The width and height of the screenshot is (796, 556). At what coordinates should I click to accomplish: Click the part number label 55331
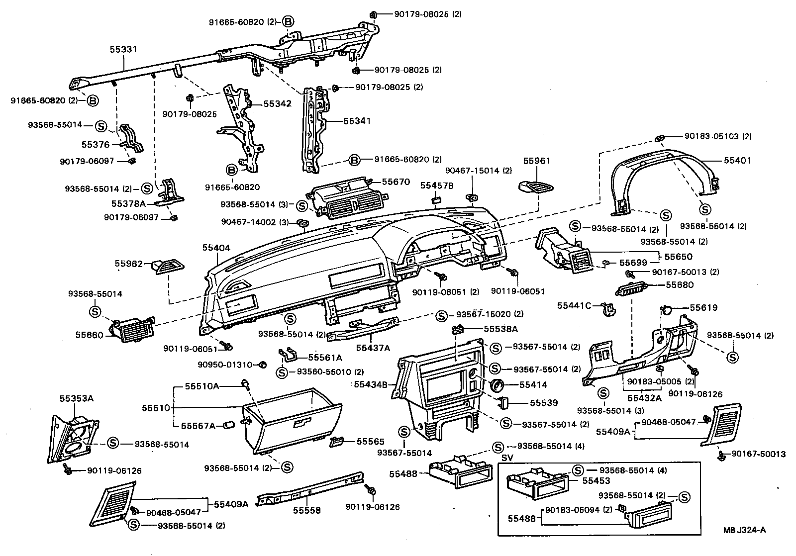(x=123, y=50)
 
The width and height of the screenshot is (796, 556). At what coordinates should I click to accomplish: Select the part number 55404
(x=216, y=247)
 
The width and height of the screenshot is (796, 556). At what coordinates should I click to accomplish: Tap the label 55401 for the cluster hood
(x=737, y=161)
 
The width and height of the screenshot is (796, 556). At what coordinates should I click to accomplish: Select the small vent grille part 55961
(x=536, y=187)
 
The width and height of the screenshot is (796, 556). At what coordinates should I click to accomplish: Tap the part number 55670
(x=396, y=182)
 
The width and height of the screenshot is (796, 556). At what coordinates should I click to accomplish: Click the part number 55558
(x=306, y=510)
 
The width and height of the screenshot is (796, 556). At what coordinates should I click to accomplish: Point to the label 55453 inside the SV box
(x=596, y=481)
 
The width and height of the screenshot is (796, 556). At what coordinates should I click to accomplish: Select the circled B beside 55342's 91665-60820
(x=231, y=170)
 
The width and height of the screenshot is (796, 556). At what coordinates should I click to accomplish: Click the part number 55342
(x=277, y=104)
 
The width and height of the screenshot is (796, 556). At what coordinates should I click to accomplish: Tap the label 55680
(x=680, y=285)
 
